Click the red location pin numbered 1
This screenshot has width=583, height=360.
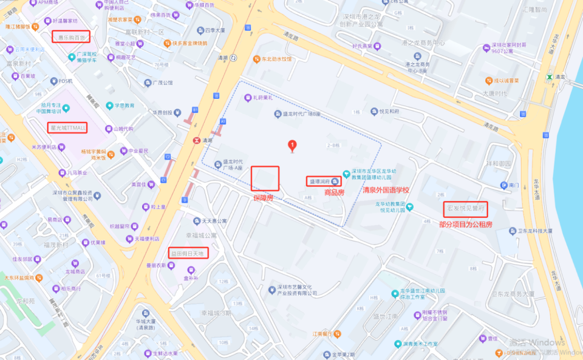292,146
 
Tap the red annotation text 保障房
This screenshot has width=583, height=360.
264,198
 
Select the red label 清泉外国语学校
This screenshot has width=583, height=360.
386,190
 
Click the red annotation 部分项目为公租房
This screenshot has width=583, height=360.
466,224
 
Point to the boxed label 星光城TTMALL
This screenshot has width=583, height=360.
68,127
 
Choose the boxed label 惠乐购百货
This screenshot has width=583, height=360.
71,37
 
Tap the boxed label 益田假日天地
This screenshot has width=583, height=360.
189,253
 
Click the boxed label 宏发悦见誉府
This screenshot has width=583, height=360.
465,208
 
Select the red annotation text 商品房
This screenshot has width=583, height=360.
334,192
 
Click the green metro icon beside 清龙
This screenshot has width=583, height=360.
549,77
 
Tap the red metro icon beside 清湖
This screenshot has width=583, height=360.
196,140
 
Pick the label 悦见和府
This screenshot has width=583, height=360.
388,112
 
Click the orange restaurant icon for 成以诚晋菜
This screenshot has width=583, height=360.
488,80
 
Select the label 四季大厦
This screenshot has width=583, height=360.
214,29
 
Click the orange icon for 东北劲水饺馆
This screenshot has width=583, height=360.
257,59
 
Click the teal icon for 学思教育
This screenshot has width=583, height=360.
109,105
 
